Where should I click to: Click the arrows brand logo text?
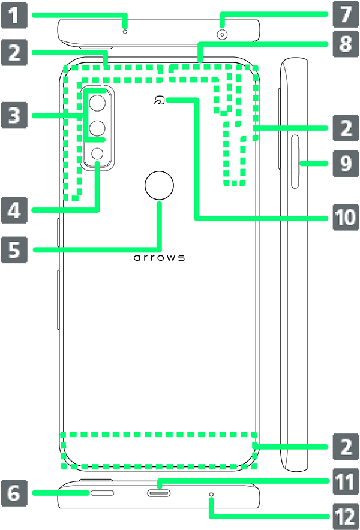tap(159, 258)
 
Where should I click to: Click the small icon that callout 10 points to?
tap(158, 101)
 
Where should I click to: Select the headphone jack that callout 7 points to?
tap(223, 35)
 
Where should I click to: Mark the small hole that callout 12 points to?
tap(211, 494)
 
